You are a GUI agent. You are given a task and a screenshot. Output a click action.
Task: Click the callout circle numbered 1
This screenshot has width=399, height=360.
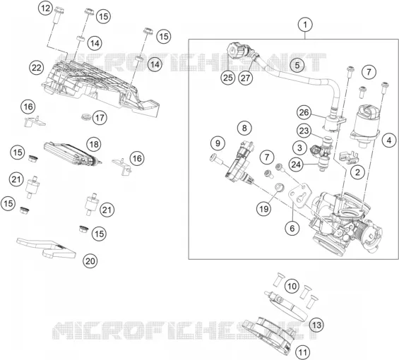305,25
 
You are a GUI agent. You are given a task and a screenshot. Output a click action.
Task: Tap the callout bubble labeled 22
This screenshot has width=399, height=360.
37,68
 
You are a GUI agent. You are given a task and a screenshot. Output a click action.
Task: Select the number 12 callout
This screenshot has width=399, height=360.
46,8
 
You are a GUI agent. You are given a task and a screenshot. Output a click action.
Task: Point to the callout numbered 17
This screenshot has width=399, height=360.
100,118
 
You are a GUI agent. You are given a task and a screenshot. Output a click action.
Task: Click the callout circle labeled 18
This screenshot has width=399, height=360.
94,144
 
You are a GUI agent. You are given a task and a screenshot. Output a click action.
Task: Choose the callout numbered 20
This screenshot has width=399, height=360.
90,261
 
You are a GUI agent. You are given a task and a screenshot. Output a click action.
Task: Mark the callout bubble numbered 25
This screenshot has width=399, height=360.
227,78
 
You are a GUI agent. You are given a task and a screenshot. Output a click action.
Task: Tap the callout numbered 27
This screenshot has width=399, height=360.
246,78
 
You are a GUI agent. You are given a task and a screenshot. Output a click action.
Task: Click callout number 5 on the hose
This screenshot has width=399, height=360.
297,65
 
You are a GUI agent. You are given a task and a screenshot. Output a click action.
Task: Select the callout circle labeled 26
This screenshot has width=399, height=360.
304,112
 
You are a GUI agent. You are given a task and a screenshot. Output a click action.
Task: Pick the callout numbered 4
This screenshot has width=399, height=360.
389,140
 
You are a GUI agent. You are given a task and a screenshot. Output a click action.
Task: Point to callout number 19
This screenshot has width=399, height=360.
264,209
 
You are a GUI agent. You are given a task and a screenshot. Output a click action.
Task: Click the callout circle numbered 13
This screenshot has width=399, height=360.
317,325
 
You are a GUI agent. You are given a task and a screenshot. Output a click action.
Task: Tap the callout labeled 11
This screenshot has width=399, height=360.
302,353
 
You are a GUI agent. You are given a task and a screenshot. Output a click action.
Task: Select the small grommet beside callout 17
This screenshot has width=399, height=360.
86,117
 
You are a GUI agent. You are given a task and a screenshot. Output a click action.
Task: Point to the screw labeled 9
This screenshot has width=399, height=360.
216,160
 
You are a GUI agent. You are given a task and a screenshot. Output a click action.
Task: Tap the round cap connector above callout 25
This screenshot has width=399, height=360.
234,50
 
